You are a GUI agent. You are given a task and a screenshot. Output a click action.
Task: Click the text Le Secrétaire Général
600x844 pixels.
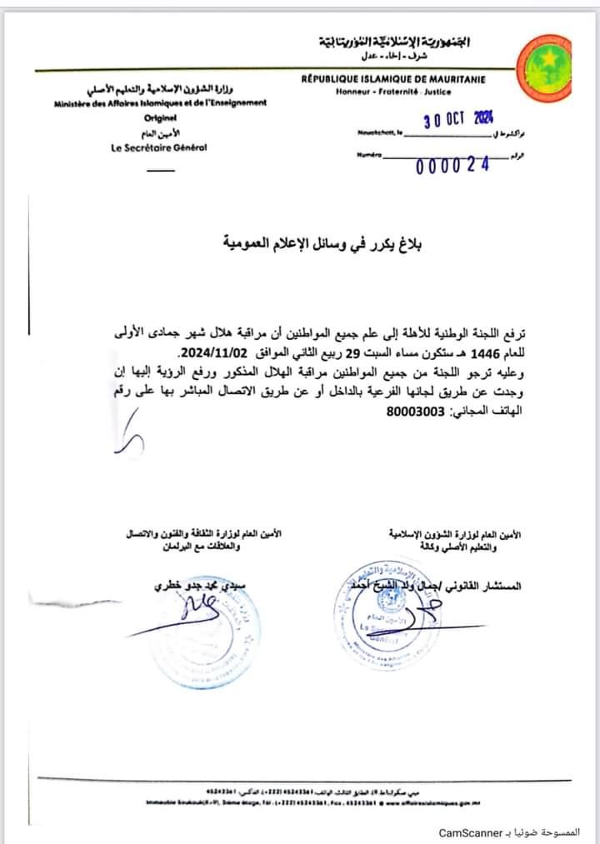pos(159,147)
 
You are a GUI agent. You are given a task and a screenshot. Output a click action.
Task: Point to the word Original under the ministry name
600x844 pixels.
pos(160,118)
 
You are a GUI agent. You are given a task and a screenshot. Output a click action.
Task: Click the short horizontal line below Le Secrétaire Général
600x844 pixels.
pos(160,170)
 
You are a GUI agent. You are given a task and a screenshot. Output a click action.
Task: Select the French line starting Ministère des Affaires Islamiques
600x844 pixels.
pos(161,102)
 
